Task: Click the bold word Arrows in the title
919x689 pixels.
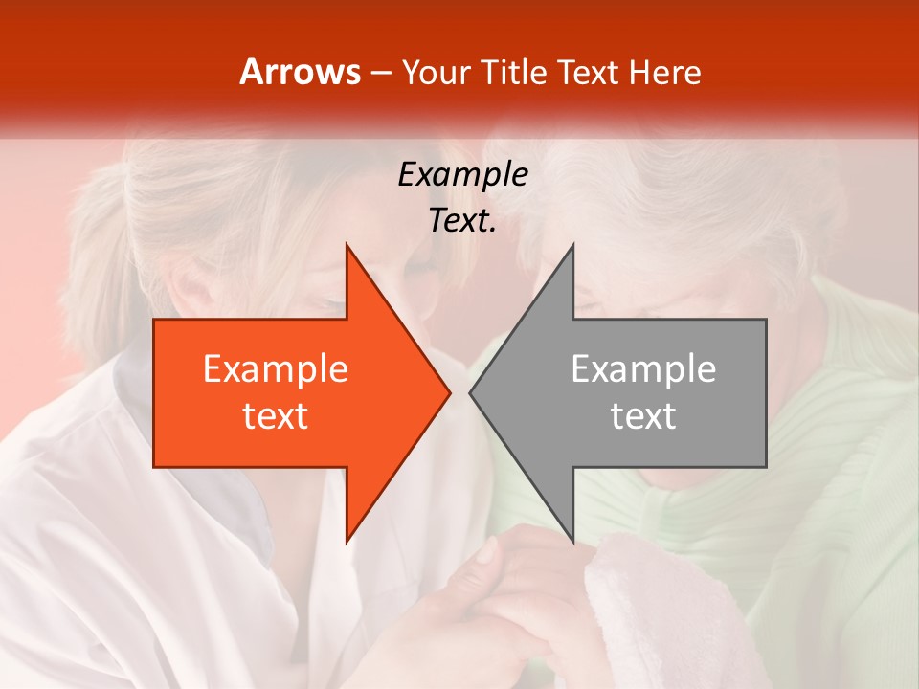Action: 300,72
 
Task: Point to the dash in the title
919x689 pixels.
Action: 380,74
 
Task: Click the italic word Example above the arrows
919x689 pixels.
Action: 462,175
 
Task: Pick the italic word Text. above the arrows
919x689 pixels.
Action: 462,221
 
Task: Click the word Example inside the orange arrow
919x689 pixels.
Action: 276,369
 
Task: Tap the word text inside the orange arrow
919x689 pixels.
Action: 276,416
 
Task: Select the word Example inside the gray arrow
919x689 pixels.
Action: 643,369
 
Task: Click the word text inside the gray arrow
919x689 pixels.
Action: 643,416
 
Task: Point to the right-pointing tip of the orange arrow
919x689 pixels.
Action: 449,392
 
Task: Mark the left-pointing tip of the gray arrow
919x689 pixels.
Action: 471,392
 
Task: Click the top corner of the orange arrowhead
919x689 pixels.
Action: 347,246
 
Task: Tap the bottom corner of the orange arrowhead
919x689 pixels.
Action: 347,541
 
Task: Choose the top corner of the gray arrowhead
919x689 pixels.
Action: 572,246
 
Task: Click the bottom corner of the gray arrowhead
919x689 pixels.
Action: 572,541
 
